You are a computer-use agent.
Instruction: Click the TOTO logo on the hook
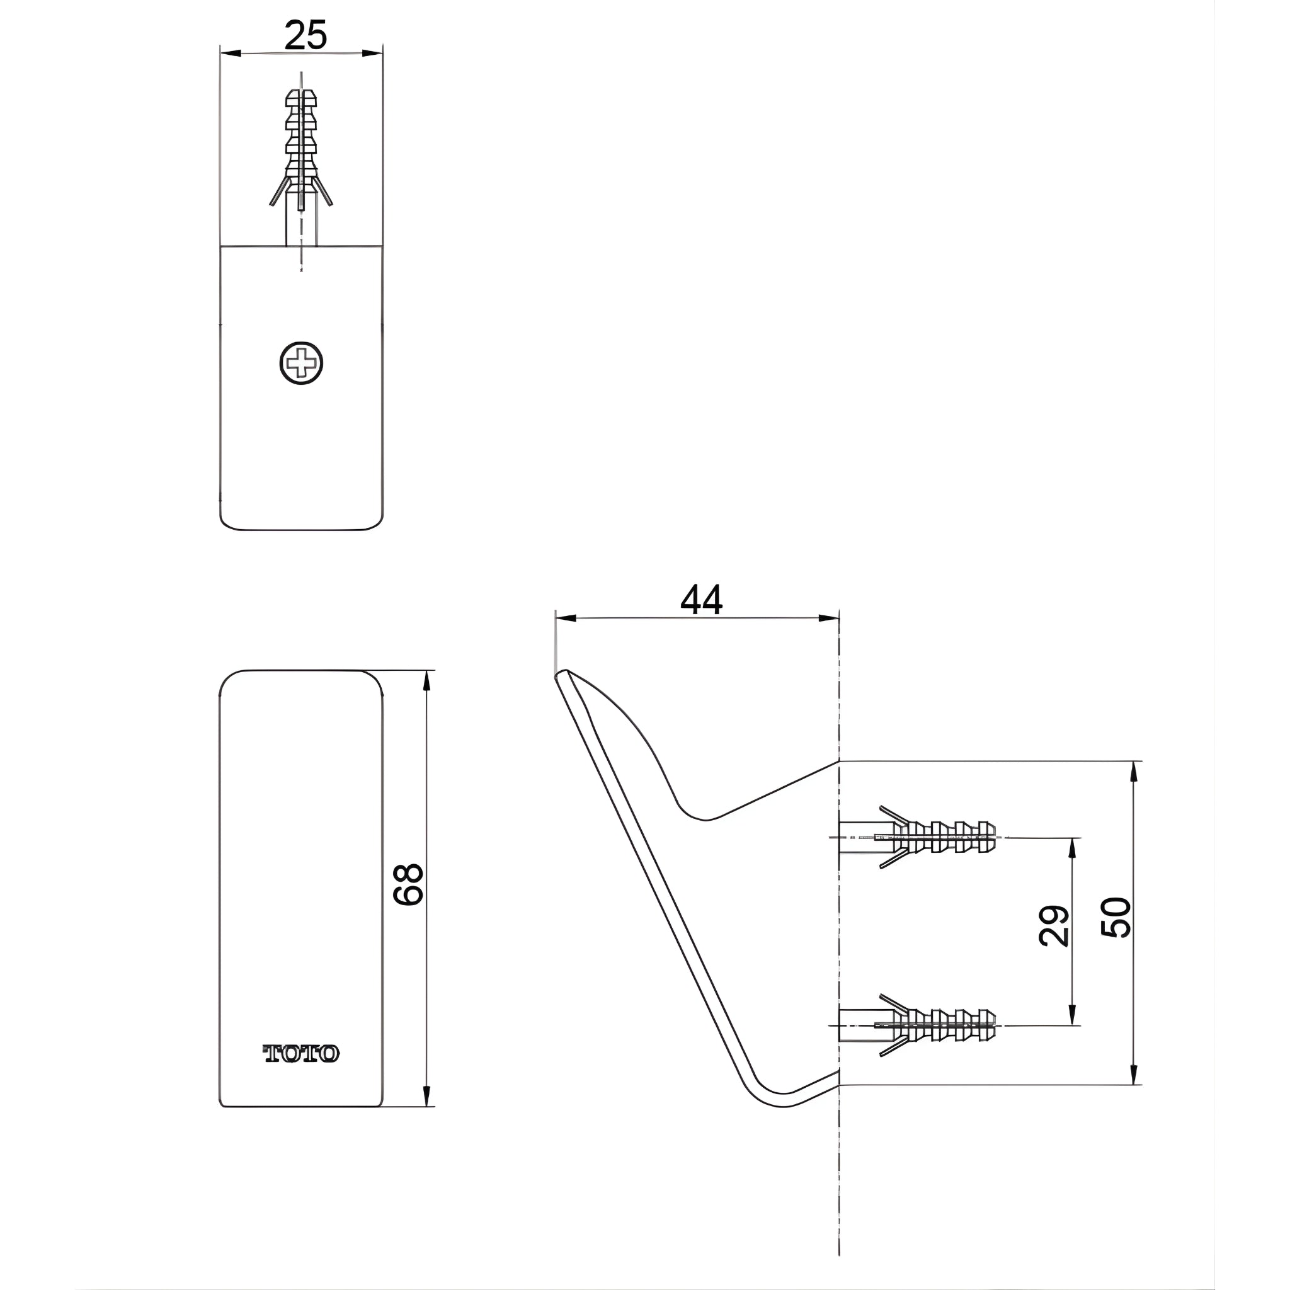pyautogui.click(x=301, y=1054)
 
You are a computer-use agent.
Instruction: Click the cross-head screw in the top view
pyautogui.click(x=301, y=363)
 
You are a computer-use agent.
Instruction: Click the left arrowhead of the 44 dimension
pyautogui.click(x=565, y=619)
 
